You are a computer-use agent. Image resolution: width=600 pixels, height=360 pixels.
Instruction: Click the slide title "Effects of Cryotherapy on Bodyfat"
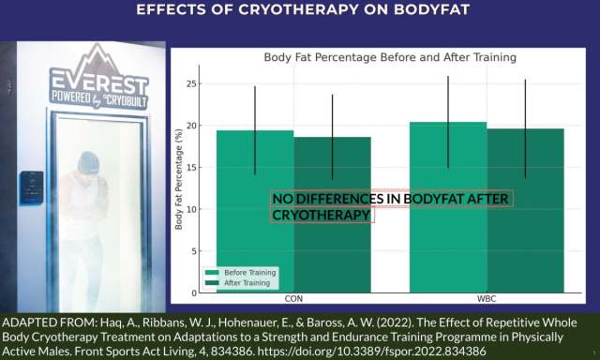(300, 10)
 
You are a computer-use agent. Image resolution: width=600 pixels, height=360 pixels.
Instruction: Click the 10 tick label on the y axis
(190, 208)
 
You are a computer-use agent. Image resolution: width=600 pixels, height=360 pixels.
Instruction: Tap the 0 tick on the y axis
(192, 292)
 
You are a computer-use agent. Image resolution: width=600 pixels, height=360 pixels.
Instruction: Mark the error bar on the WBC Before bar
(448, 122)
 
